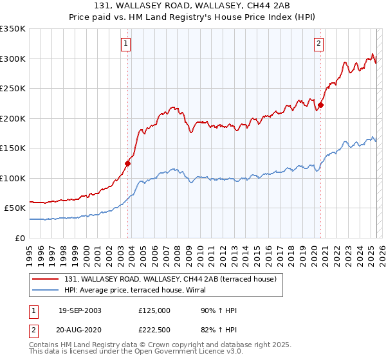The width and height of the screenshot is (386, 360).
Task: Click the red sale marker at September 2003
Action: pyautogui.click(x=128, y=163)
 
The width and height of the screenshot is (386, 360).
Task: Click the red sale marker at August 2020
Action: pyautogui.click(x=320, y=105)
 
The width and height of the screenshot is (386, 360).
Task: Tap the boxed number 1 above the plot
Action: pyautogui.click(x=125, y=44)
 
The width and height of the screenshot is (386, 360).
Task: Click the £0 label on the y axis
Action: pyautogui.click(x=21, y=238)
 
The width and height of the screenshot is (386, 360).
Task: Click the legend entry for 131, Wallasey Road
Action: pyautogui.click(x=170, y=279)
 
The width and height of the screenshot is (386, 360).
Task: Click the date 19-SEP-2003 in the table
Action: pyautogui.click(x=79, y=310)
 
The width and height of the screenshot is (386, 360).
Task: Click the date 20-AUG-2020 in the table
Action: pyautogui.click(x=79, y=330)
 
